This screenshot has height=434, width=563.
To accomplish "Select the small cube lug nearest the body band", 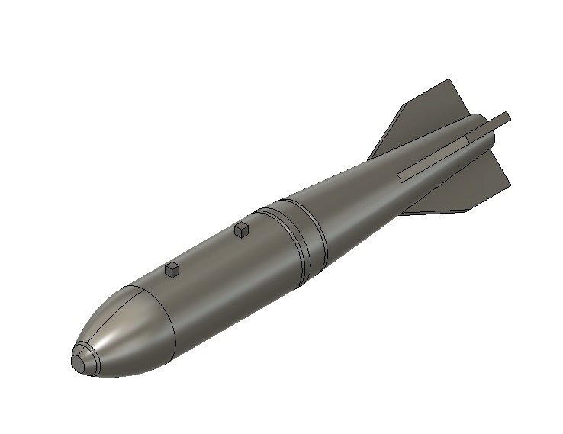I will coord(243,229).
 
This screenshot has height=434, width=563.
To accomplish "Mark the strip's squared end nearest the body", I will coord(401,175).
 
